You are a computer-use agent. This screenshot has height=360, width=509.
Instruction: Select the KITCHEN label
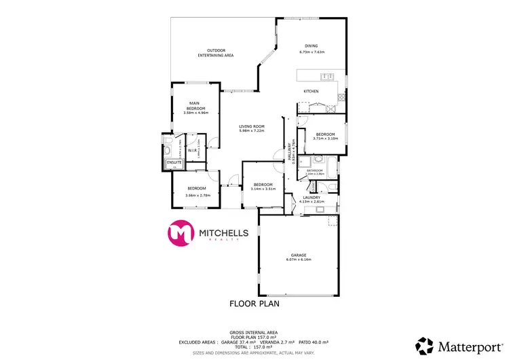311,91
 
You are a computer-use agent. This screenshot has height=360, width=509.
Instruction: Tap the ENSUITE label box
175,163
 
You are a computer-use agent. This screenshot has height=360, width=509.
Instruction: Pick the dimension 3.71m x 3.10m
325,139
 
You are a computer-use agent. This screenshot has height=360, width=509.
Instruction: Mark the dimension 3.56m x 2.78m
197,195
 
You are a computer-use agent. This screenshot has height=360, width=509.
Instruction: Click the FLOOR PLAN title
255,304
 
